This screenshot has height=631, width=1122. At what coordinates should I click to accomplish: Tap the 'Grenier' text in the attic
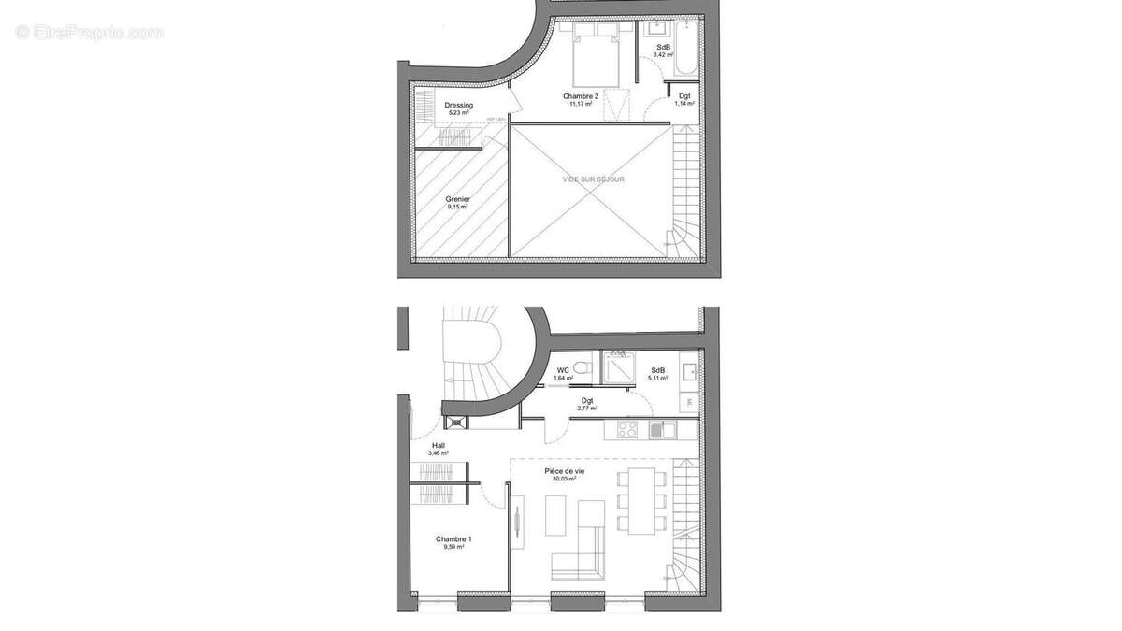coord(458,199)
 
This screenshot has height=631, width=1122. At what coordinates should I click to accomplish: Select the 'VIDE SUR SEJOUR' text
coord(593,179)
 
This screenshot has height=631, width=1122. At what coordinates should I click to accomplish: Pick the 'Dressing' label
coord(458,105)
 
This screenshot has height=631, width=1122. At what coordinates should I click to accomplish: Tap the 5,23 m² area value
coord(458,113)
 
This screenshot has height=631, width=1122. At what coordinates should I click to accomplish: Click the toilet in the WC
coord(583,367)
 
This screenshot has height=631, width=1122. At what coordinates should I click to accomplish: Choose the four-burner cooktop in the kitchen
coord(626,430)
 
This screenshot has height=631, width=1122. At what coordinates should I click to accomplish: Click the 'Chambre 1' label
coord(453,539)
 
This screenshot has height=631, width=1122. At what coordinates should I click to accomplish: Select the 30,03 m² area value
coord(566,479)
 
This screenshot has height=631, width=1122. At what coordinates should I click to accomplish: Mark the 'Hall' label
coord(439,445)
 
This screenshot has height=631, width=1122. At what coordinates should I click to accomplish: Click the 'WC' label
coord(563,370)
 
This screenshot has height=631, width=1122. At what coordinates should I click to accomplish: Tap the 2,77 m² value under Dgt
coord(586,409)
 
